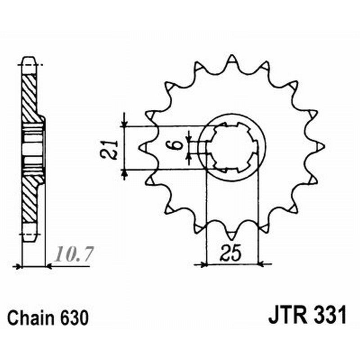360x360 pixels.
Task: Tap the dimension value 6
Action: coord(177,146)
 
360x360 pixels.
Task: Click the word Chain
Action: coord(29,318)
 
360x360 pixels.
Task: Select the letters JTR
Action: coord(288,315)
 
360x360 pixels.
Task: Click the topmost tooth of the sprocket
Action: coord(232,60)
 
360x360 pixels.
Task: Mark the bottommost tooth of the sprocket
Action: coord(232,234)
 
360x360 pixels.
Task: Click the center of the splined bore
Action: coord(232,147)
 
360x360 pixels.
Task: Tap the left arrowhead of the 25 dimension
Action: coord(203,265)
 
